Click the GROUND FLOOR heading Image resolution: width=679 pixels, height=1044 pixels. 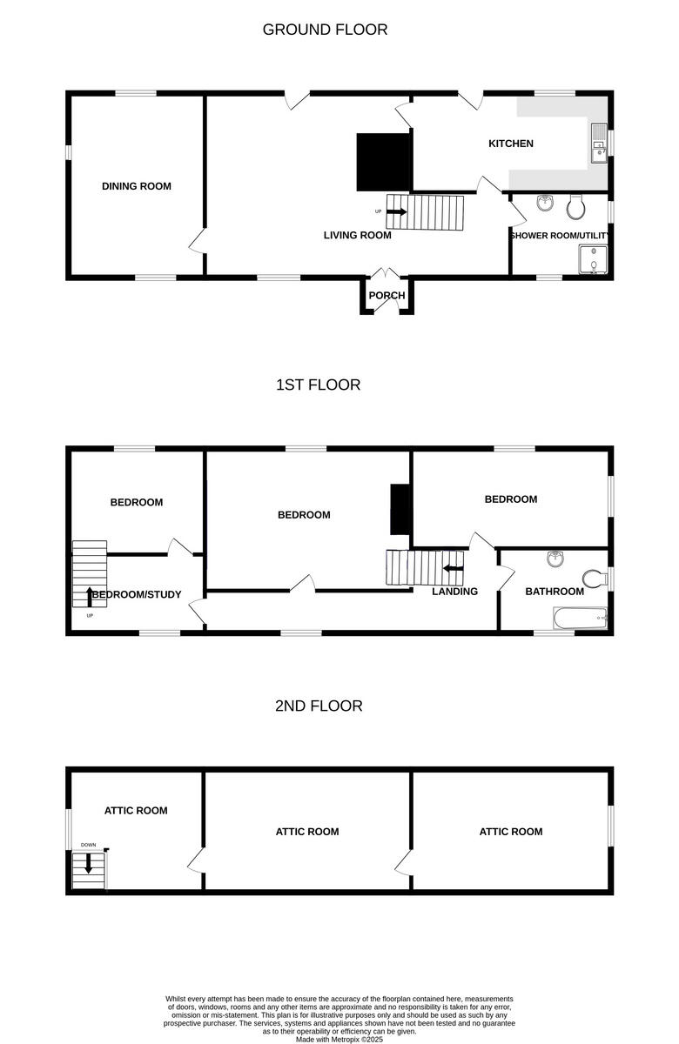click(x=325, y=30)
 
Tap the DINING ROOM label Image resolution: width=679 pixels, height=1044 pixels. click(x=137, y=186)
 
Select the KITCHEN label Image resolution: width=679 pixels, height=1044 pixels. click(x=511, y=144)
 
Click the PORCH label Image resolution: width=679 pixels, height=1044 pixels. click(x=387, y=296)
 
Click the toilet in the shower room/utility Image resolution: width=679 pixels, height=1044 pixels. click(x=575, y=206)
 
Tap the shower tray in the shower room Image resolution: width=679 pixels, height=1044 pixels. click(x=592, y=259)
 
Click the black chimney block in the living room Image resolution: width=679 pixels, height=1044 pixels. click(x=382, y=162)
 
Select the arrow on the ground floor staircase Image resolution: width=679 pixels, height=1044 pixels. click(x=397, y=211)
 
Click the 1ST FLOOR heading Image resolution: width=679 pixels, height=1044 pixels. click(x=318, y=385)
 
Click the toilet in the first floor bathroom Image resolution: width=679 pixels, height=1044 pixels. click(x=595, y=579)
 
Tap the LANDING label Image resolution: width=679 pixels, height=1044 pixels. click(x=454, y=592)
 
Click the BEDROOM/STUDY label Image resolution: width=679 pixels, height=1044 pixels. click(x=137, y=595)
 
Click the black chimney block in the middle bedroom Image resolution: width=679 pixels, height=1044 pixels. click(x=400, y=509)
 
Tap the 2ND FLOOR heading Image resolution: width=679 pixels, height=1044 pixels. click(x=319, y=706)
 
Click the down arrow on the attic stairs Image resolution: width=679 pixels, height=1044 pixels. click(x=88, y=863)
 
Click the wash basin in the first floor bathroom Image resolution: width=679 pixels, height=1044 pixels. click(x=554, y=558)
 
